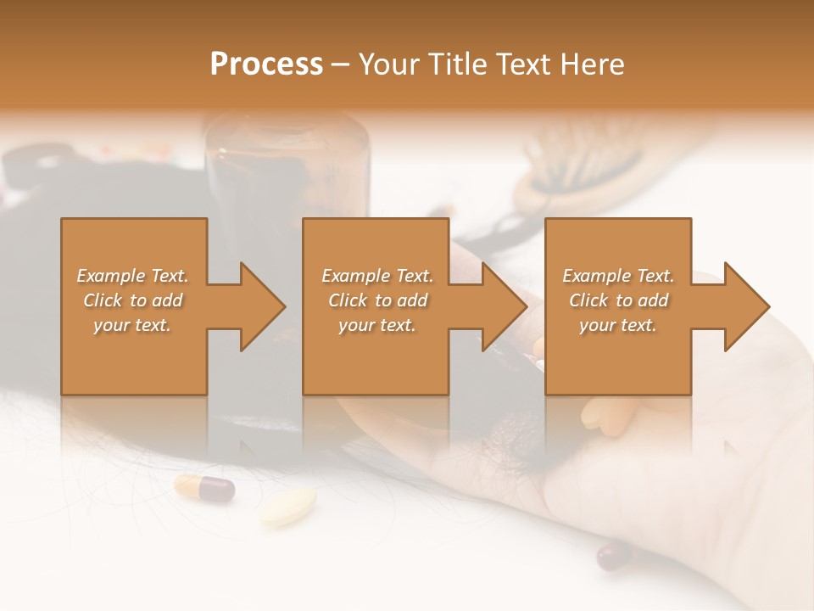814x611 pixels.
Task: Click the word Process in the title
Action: click(266, 64)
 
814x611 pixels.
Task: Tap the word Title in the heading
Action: click(455, 64)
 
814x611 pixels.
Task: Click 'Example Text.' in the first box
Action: click(133, 276)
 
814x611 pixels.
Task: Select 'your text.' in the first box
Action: click(133, 325)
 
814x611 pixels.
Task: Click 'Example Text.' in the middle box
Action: click(377, 276)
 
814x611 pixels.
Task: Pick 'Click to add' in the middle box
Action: click(377, 300)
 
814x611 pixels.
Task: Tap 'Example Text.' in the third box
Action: click(618, 276)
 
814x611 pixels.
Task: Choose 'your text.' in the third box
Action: click(618, 325)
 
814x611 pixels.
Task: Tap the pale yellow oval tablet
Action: click(288, 506)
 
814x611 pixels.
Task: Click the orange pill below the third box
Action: click(604, 412)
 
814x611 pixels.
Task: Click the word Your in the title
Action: click(391, 64)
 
